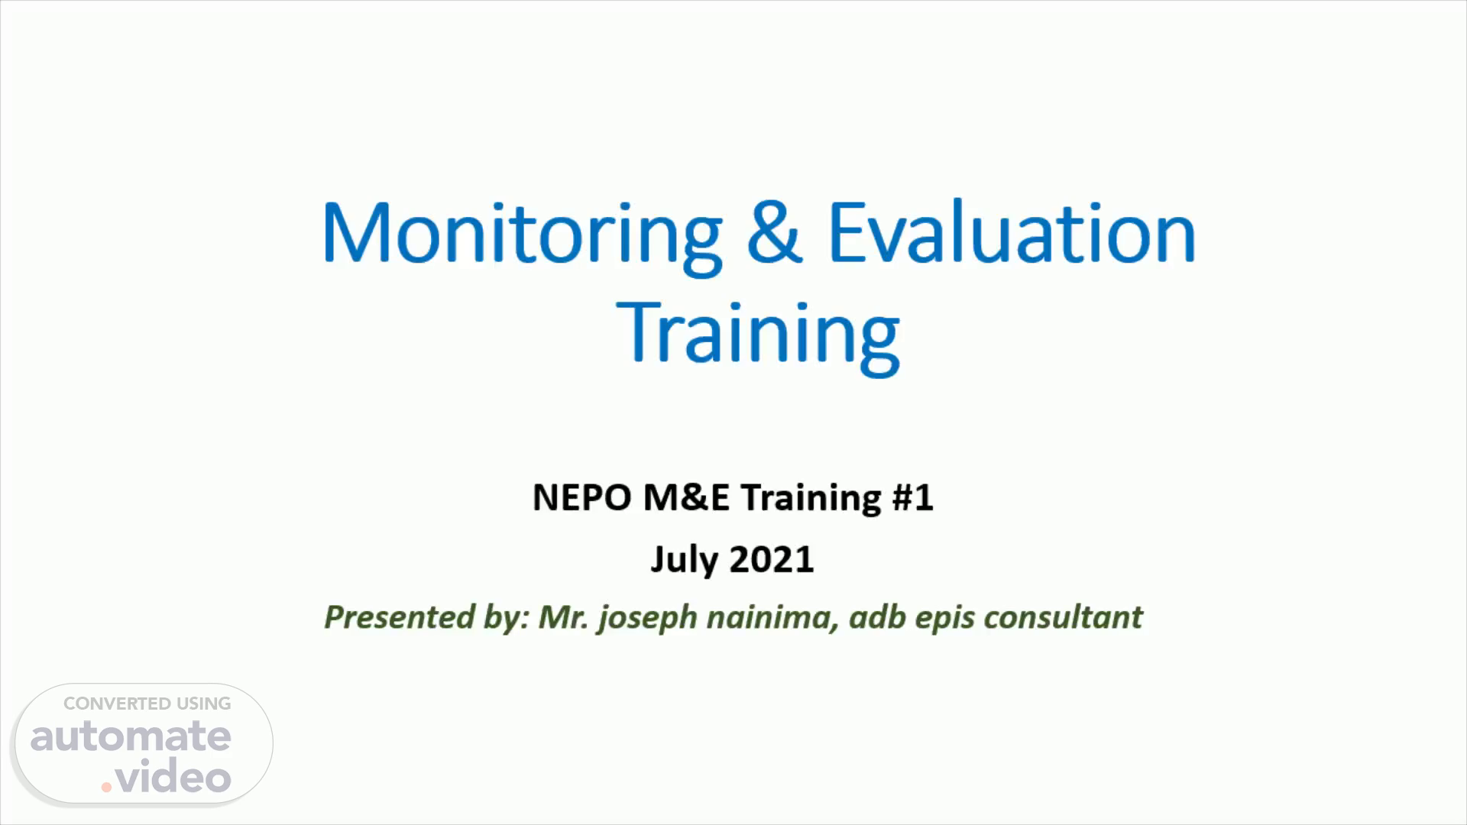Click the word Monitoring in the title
pyautogui.click(x=522, y=236)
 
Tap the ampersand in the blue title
pyautogui.click(x=775, y=231)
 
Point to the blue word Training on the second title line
pyautogui.click(x=758, y=335)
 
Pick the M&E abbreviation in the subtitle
pyautogui.click(x=687, y=497)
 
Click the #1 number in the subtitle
pyautogui.click(x=912, y=497)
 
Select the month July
pyautogui.click(x=684, y=561)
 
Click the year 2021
pyautogui.click(x=772, y=559)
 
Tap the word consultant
pyautogui.click(x=1063, y=616)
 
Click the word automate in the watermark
pyautogui.click(x=131, y=736)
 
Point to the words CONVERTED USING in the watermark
pyautogui.click(x=147, y=704)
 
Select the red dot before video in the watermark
pyautogui.click(x=107, y=787)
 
